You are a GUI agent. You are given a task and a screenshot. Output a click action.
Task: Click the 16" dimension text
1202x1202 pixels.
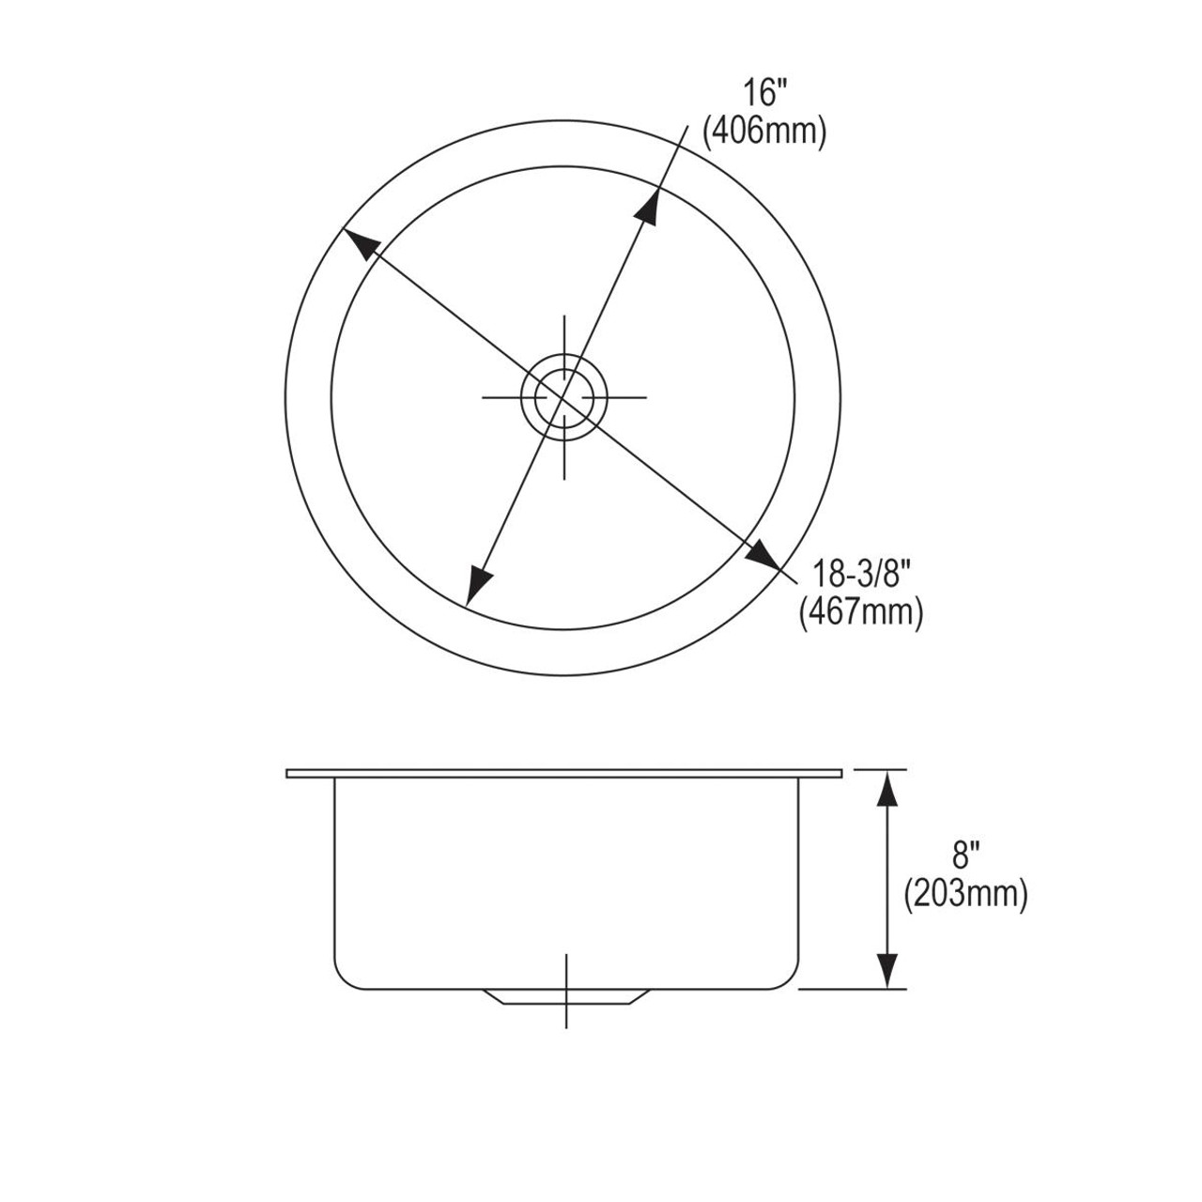click(x=764, y=94)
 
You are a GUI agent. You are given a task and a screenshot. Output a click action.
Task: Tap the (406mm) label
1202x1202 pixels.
click(x=764, y=132)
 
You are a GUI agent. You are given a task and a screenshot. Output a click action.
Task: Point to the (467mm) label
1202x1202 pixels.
click(x=861, y=612)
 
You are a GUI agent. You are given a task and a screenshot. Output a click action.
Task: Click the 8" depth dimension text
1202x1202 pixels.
click(x=966, y=855)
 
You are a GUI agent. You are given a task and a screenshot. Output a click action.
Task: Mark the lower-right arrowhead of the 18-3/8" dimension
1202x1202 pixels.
click(x=763, y=553)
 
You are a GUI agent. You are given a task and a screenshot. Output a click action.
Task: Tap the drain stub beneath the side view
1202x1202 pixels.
click(x=565, y=996)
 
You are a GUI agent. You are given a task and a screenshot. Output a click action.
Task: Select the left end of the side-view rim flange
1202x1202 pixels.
click(x=290, y=774)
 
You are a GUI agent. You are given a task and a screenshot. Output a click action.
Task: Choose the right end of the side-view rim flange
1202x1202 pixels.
click(x=839, y=774)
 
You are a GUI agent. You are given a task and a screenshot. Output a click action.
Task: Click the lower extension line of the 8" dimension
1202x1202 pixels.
click(x=855, y=989)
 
